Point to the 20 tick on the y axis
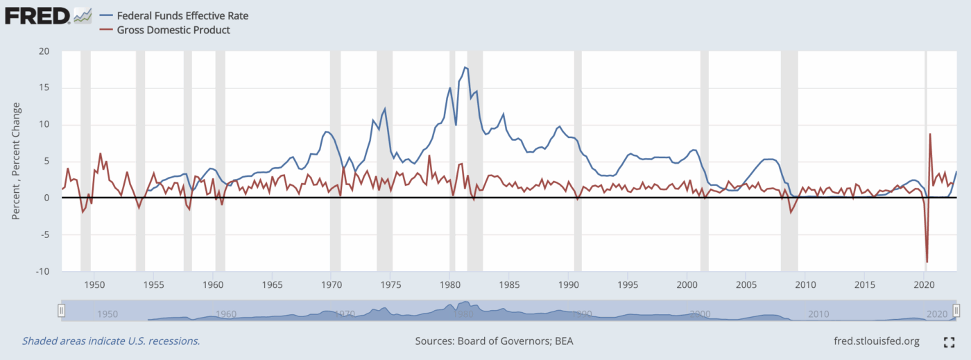point(44,51)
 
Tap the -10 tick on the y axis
point(42,271)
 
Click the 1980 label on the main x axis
point(450,284)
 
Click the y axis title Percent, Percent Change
point(16,161)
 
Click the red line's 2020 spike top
point(929,134)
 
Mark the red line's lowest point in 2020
point(927,262)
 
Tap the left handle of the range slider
point(61,311)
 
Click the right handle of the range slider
point(956,311)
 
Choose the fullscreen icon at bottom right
point(949,342)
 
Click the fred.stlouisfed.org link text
point(876,341)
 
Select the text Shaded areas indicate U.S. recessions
point(111,341)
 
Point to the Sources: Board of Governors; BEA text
point(494,341)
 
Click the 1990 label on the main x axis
point(568,284)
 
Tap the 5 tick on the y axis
point(46,161)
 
